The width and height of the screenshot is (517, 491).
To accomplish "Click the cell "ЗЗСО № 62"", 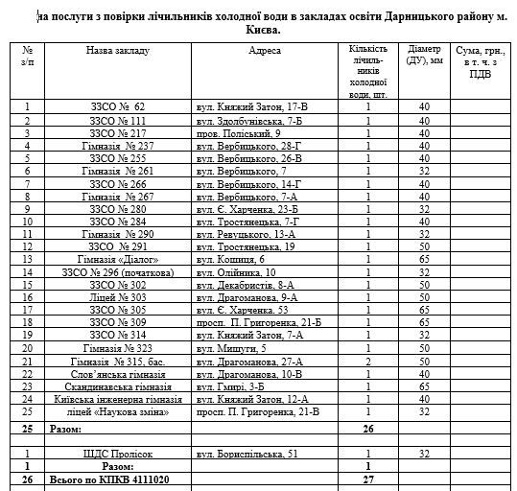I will point(117,107).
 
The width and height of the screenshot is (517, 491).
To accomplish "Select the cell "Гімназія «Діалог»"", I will point(117,259).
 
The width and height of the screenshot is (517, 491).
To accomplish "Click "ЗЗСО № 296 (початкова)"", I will point(117,271).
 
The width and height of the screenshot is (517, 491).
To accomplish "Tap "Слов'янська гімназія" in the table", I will point(117,373).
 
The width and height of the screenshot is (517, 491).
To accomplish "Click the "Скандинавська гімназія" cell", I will point(117,386).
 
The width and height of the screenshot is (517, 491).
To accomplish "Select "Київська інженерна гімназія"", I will point(117,398).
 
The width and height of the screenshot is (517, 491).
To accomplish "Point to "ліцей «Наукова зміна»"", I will point(117,411).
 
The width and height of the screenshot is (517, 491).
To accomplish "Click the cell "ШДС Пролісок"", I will point(117,453).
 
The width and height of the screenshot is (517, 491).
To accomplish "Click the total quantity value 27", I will point(367,478).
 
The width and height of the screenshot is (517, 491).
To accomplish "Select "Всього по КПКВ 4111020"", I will point(104,478).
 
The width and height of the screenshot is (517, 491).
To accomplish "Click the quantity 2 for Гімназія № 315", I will point(367,361).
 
